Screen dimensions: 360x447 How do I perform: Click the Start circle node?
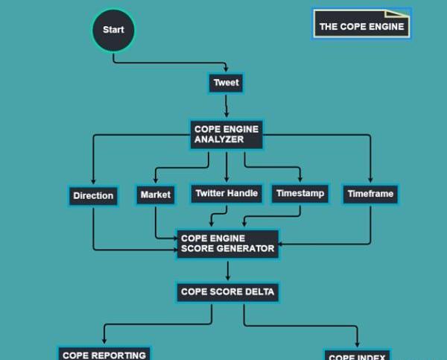pos(113,31)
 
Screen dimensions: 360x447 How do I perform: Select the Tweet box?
pos(226,83)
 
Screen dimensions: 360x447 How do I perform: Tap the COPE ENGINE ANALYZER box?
pos(226,134)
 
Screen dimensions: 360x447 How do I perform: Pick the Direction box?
pos(93,196)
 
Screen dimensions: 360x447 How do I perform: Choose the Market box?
pos(155,195)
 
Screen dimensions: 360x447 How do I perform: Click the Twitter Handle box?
pos(226,194)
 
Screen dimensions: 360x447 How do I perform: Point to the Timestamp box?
pos(300,194)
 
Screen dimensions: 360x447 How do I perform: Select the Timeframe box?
pos(370,194)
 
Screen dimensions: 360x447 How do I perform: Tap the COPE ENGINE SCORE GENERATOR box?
pos(227,244)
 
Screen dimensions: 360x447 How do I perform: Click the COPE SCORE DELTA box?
pos(228,292)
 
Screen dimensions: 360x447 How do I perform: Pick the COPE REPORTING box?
pos(104,354)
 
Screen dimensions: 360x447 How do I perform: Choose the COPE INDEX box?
pos(357,356)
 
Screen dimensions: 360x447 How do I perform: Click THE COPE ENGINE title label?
pos(362,26)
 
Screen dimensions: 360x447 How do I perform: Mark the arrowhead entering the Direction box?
pos(93,181)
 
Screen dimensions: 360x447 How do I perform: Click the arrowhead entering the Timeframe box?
pos(370,180)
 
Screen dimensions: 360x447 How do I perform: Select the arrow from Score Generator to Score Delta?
pos(228,270)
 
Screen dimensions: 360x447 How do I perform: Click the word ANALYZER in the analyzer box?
pos(219,139)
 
